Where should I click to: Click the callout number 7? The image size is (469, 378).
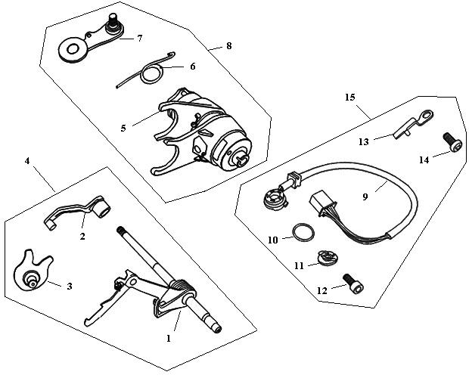138,39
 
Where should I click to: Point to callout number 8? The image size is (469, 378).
228,46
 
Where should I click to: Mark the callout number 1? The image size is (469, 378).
169,338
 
